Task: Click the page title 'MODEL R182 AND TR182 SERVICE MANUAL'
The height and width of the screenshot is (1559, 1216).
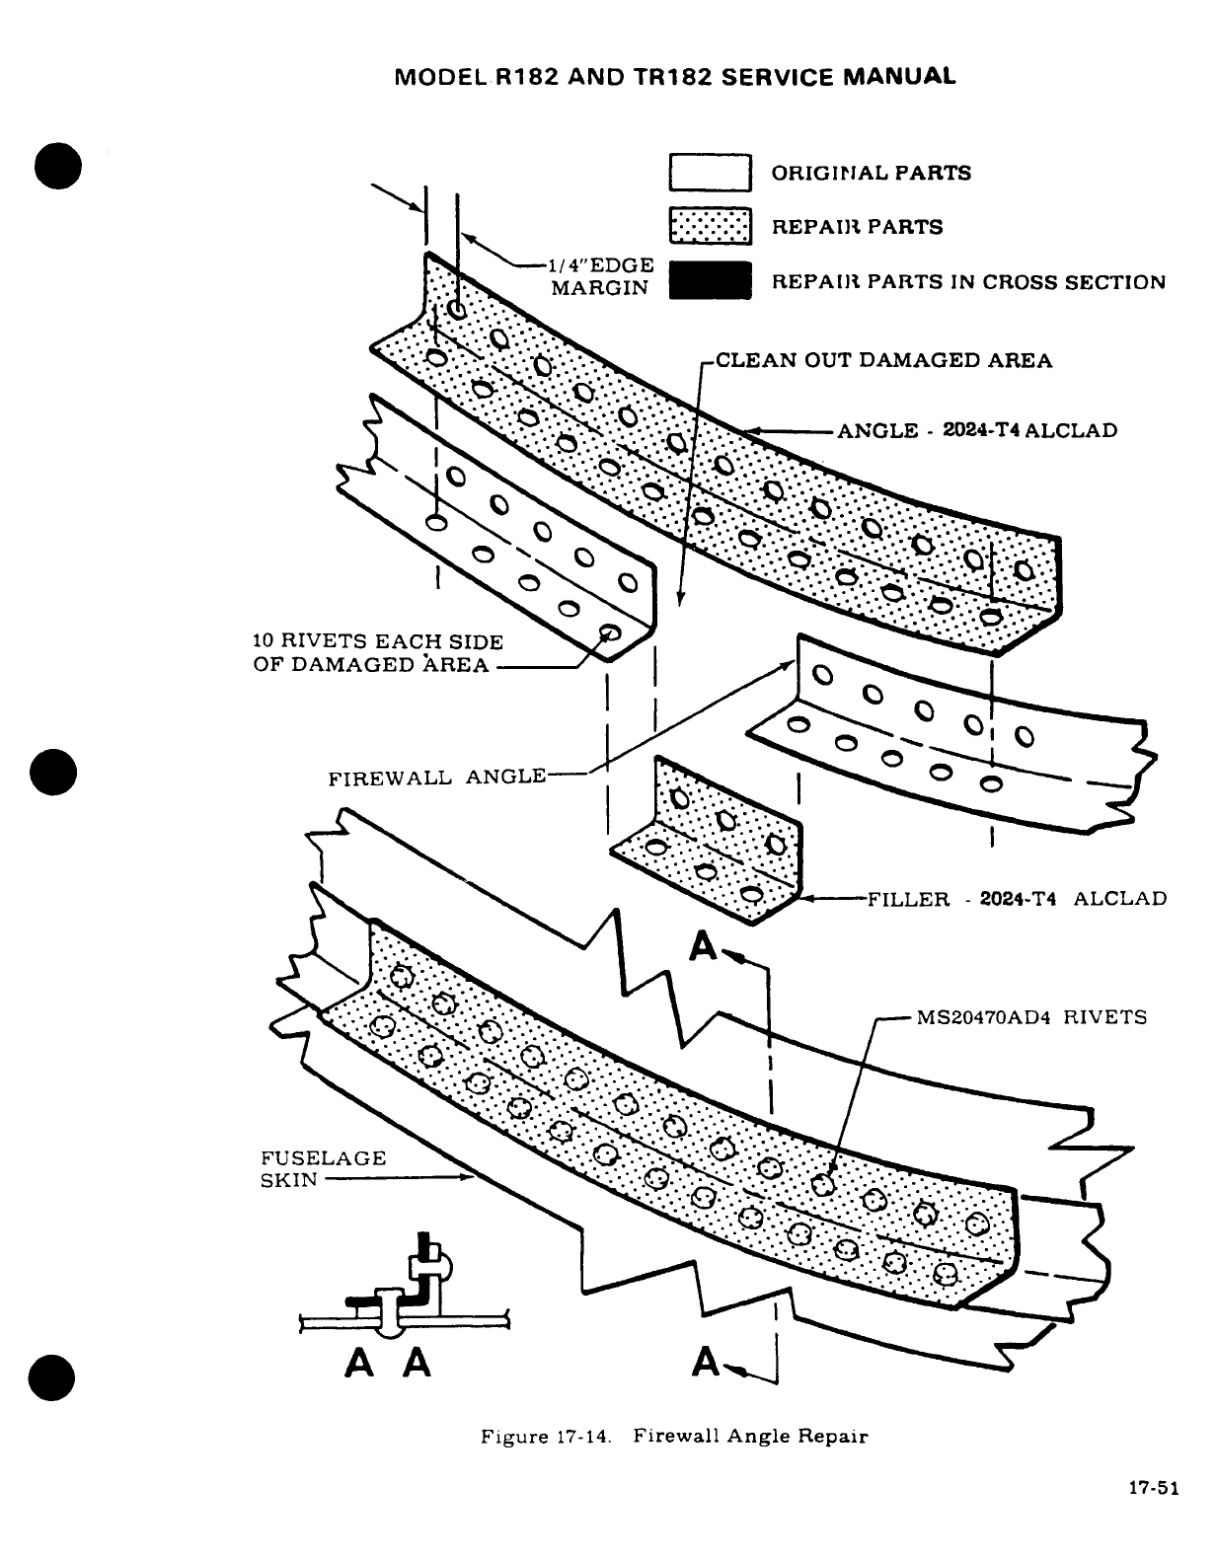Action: pyautogui.click(x=674, y=77)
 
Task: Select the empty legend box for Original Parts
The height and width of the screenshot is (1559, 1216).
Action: pyautogui.click(x=711, y=173)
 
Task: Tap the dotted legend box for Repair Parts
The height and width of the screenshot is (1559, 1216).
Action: pyautogui.click(x=711, y=227)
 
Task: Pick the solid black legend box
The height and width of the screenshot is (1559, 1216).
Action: pyautogui.click(x=711, y=281)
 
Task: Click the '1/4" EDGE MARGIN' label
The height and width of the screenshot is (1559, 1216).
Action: pyautogui.click(x=602, y=276)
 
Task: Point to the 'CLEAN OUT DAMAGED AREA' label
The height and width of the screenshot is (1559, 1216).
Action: pyautogui.click(x=883, y=360)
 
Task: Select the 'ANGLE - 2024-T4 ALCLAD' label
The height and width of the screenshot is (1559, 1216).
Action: pyautogui.click(x=977, y=431)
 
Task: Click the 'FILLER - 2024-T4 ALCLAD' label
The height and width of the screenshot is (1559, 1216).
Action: pyautogui.click(x=1017, y=899)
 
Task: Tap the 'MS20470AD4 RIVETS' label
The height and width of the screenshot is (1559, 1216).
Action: pyautogui.click(x=1031, y=1017)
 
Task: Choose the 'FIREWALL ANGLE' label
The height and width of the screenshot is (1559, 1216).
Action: pyautogui.click(x=437, y=777)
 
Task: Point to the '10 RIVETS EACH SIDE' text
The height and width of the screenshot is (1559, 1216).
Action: pyautogui.click(x=378, y=641)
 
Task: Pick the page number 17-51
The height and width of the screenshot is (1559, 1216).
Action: pyautogui.click(x=1154, y=1490)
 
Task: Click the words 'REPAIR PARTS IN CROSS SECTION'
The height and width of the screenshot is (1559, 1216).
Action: pyautogui.click(x=967, y=282)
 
